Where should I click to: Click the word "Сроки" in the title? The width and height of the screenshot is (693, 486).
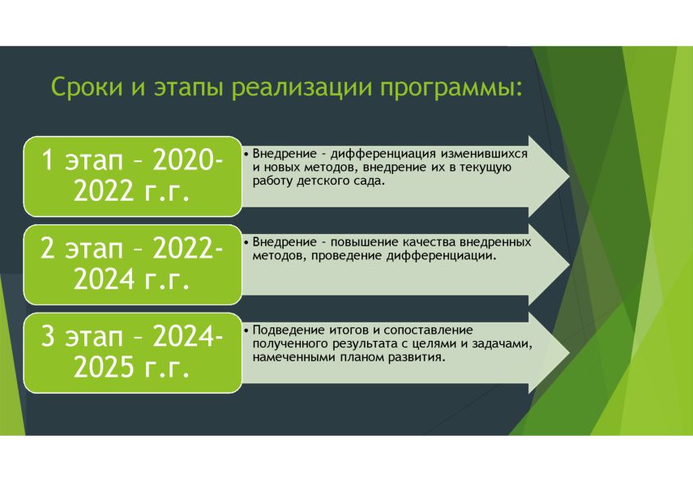coord(87,87)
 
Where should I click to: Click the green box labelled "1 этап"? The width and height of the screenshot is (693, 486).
coord(133,177)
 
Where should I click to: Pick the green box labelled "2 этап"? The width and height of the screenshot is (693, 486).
coord(133,265)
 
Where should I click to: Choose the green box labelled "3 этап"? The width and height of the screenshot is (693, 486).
coord(133,353)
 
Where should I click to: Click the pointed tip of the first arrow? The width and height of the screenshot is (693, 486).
coord(569,177)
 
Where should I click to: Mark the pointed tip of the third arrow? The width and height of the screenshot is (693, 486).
coord(569,353)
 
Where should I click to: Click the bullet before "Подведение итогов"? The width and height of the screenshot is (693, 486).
coord(246,330)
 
